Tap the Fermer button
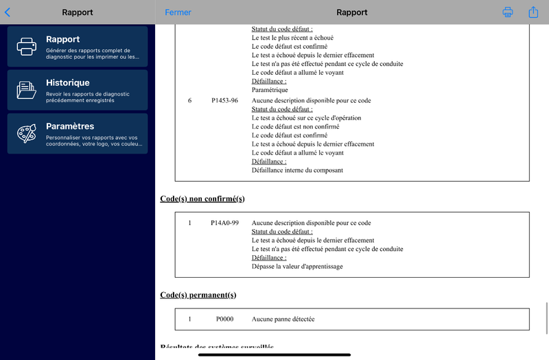[178, 12]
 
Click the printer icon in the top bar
[508, 12]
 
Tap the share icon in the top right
[533, 12]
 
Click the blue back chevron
[8, 12]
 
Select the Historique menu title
[68, 83]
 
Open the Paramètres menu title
[70, 126]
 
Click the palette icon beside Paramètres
[27, 133]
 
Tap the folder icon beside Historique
[27, 90]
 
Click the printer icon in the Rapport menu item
[27, 47]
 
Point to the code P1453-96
[224, 101]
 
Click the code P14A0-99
[224, 223]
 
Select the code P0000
[224, 320]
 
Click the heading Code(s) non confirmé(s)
[202, 199]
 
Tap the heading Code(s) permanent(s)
[198, 295]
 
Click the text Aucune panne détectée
[283, 320]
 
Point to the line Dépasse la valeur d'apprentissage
[297, 267]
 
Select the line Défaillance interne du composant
[297, 170]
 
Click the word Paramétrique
[270, 90]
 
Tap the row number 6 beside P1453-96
[189, 101]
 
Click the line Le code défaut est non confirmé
[296, 127]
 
